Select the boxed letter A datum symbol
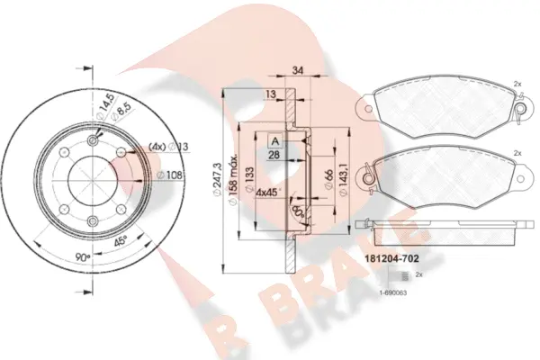272,140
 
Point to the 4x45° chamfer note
268,192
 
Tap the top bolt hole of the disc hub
93,140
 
